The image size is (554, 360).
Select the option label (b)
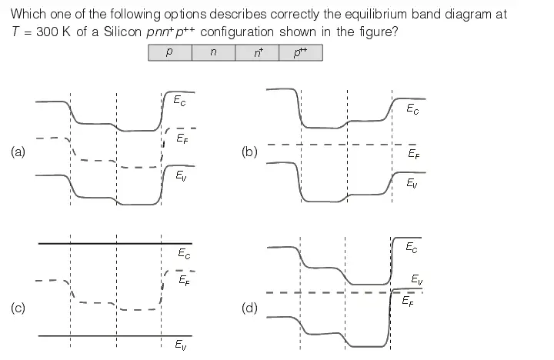tap(249, 152)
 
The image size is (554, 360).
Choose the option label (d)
tap(249, 308)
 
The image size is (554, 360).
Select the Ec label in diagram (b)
tap(415, 109)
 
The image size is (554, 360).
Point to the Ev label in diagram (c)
tap(179, 344)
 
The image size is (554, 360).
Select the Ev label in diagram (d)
tap(415, 279)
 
